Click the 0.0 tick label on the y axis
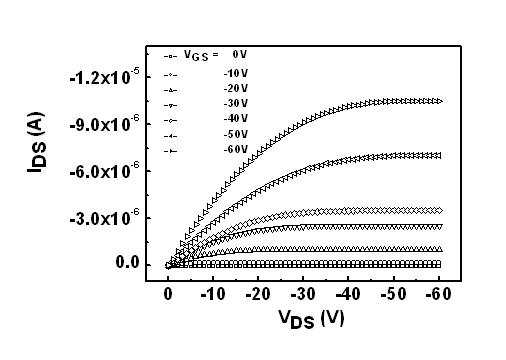click(127, 263)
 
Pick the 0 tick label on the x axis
click(168, 294)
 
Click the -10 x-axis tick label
click(213, 294)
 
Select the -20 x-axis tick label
click(258, 294)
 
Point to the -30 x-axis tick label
click(303, 294)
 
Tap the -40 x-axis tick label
click(348, 294)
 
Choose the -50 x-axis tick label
click(394, 294)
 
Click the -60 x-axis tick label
click(439, 294)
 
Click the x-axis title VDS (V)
click(311, 319)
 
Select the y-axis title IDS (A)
click(36, 143)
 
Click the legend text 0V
click(240, 54)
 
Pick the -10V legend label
click(236, 73)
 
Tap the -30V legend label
click(236, 104)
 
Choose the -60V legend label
click(236, 150)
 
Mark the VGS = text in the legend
click(201, 55)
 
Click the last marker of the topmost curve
click(439, 101)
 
